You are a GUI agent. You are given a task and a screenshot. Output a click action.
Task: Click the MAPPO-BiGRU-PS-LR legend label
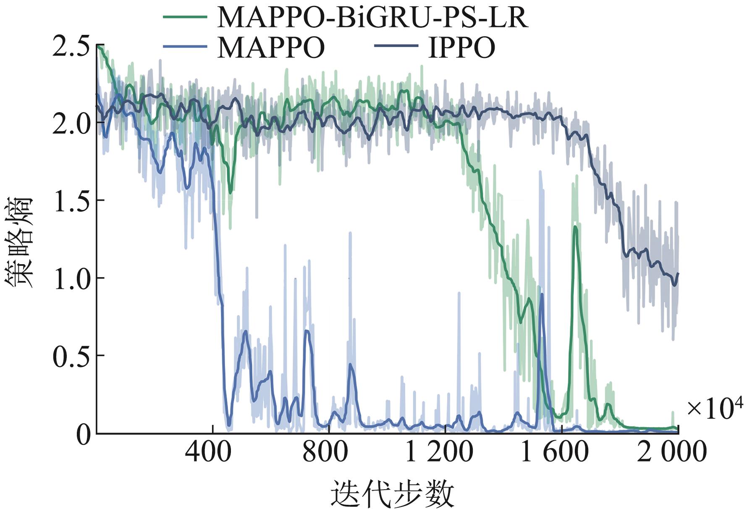[x=372, y=18]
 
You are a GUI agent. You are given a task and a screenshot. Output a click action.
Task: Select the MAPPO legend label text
[x=271, y=48]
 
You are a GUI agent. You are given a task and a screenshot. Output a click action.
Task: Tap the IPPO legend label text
[x=461, y=48]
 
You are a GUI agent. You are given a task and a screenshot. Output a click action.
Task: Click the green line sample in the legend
[x=185, y=17]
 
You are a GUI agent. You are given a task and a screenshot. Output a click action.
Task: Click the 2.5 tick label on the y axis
[x=70, y=46]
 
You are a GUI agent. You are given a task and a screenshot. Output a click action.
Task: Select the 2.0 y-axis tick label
[x=70, y=124]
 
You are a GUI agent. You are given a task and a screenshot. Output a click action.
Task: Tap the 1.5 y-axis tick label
[x=70, y=202]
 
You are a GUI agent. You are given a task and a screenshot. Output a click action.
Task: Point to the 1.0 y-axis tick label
[x=70, y=279]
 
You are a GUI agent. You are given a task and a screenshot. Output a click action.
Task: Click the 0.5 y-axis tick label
[x=70, y=357]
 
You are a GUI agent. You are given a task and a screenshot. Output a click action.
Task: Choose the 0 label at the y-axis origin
[x=83, y=435]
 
